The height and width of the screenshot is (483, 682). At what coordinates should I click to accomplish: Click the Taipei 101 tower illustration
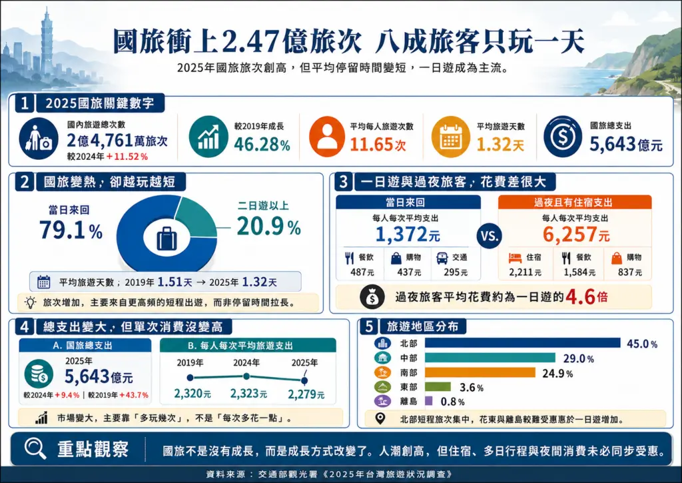coord(46,43)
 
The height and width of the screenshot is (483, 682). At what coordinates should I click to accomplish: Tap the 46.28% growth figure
coord(262,144)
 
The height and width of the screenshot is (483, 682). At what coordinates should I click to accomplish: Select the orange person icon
coord(327,136)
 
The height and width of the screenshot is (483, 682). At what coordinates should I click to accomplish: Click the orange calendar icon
coord(450,136)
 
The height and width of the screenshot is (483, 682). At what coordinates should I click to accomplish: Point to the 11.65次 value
coord(378,145)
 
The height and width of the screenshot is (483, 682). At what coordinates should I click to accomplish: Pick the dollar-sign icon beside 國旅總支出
coord(562,136)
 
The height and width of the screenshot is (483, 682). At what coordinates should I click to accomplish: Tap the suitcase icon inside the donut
coord(167,238)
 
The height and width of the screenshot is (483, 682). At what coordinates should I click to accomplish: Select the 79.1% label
coord(71,230)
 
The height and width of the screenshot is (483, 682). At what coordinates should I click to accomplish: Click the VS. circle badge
coord(489,236)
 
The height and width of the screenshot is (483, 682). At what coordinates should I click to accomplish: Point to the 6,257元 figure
coord(576,235)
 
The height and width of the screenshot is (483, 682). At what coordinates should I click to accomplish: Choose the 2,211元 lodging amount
coord(525,272)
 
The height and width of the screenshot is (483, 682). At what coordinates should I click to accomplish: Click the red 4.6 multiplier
coord(580,296)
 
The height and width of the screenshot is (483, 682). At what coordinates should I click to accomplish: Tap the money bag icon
coord(372,296)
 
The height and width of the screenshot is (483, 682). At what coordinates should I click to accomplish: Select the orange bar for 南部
coord(480,372)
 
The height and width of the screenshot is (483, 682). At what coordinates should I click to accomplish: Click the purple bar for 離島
coord(428,401)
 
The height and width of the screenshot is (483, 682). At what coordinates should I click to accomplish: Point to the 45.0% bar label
coord(641,344)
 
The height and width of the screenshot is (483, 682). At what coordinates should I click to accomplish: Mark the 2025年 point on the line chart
coord(304,381)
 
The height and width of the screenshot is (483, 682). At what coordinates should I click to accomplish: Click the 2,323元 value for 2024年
coord(248,394)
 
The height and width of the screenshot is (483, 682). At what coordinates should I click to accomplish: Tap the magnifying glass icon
coord(35,448)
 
